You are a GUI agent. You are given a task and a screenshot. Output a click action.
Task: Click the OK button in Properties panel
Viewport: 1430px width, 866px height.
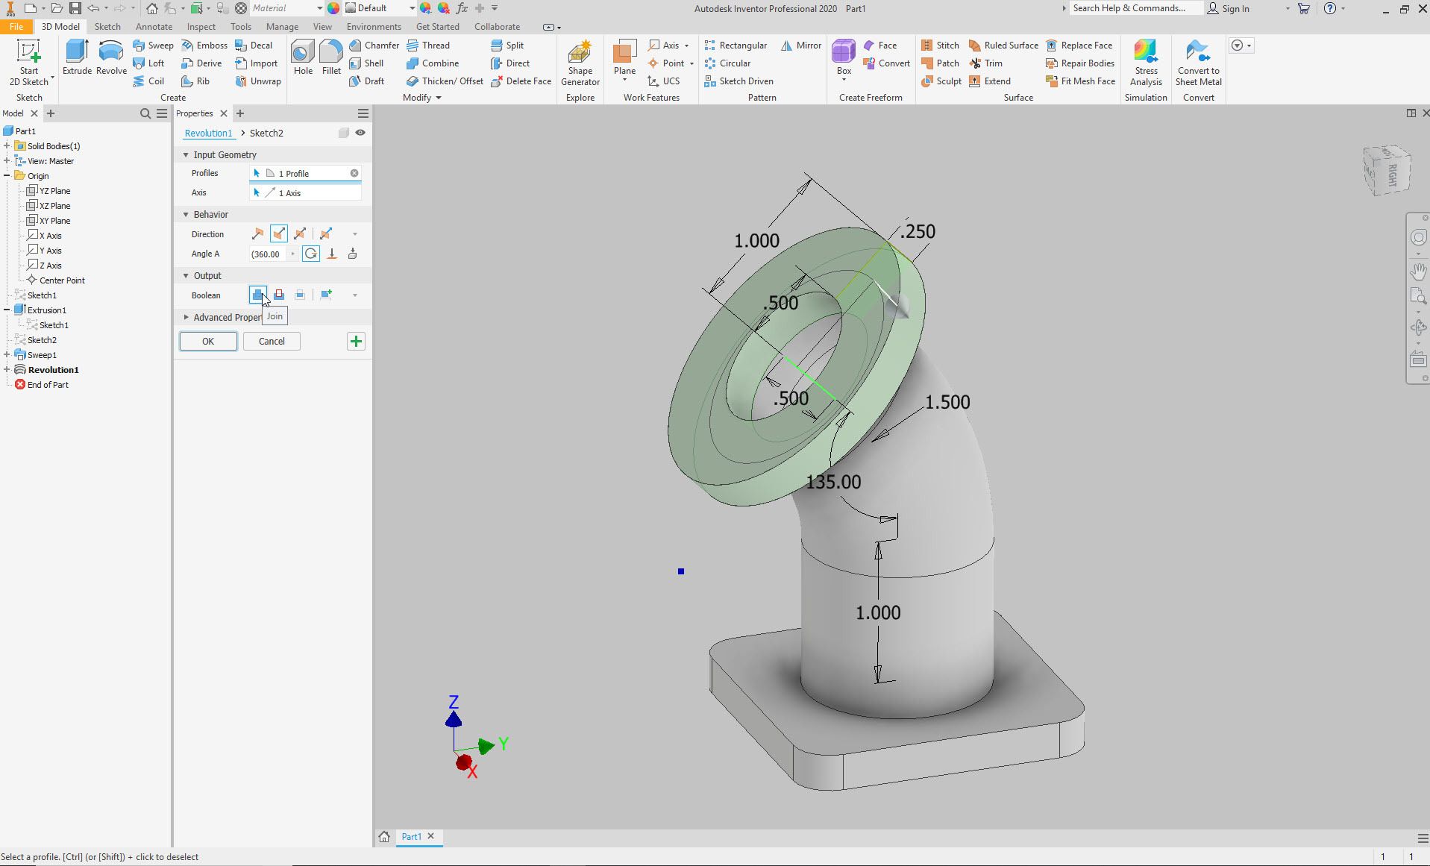pos(208,342)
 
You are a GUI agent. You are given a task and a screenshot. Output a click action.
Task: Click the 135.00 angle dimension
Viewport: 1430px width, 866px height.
pos(833,482)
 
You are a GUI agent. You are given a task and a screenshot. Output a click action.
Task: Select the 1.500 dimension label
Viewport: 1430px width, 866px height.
pos(947,402)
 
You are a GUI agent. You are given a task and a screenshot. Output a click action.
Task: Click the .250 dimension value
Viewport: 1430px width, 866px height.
pos(918,232)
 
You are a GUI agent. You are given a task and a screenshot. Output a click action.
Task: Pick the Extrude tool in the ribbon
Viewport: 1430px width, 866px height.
pos(77,58)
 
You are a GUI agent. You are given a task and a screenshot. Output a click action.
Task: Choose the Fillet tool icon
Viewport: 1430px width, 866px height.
pos(331,58)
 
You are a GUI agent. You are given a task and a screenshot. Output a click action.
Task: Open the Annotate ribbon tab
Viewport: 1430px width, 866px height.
pos(154,27)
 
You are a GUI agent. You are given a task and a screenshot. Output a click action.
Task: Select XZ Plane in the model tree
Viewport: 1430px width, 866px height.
pos(54,206)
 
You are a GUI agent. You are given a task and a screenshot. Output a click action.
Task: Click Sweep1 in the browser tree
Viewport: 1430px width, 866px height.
pos(42,355)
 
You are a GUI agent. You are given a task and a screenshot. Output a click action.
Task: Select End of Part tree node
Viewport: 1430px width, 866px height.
pos(48,385)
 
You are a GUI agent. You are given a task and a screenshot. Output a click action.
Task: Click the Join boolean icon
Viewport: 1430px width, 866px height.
pos(257,295)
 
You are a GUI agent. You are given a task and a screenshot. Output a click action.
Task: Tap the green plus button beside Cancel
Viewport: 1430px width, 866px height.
pos(356,342)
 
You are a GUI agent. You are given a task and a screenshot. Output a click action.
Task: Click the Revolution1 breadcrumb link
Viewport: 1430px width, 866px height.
pos(208,134)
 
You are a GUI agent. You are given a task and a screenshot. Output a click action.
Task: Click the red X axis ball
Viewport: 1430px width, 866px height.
pos(463,762)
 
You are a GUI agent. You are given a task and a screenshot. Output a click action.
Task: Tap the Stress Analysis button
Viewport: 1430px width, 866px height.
pos(1146,63)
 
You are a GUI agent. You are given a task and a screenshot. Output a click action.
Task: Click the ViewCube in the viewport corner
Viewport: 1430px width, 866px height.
pos(1387,171)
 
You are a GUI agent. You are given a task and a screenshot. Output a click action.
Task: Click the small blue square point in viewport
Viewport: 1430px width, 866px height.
pos(681,571)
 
